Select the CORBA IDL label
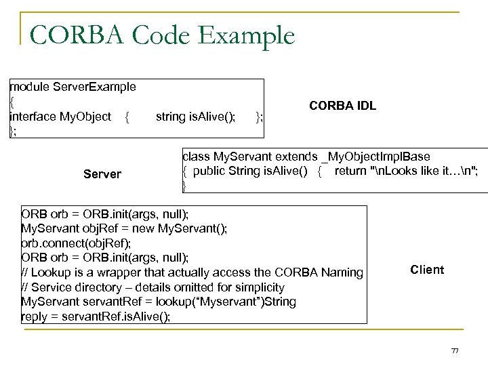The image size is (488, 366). pyautogui.click(x=342, y=106)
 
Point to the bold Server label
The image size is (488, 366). pyautogui.click(x=102, y=174)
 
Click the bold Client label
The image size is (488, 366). pyautogui.click(x=427, y=270)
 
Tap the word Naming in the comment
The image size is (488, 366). pyautogui.click(x=343, y=272)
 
